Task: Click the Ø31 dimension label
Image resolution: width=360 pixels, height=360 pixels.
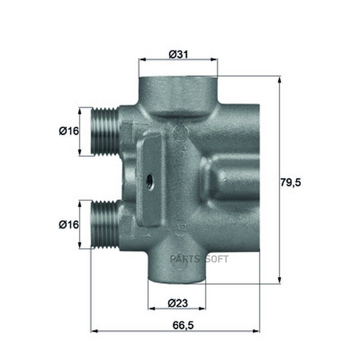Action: pyautogui.click(x=178, y=55)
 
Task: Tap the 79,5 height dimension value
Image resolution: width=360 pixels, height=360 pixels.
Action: pyautogui.click(x=290, y=182)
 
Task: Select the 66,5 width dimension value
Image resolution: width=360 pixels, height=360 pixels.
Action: pyautogui.click(x=183, y=325)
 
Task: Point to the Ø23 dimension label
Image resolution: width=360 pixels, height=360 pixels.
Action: pyautogui.click(x=178, y=303)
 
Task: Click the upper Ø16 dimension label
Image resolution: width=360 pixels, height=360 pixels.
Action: pyautogui.click(x=69, y=131)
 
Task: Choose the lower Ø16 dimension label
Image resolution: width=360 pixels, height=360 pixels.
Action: pyautogui.click(x=69, y=224)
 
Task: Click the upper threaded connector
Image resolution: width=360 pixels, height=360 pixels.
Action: pyautogui.click(x=105, y=131)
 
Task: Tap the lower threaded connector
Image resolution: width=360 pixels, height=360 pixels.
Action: pyautogui.click(x=105, y=224)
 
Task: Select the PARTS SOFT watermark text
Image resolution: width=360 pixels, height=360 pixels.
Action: pyautogui.click(x=199, y=259)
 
